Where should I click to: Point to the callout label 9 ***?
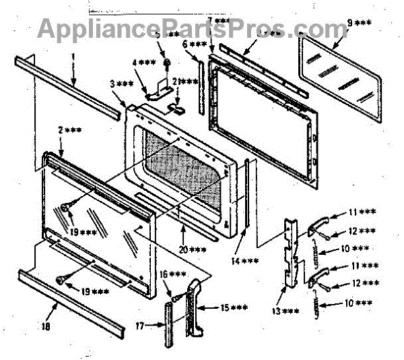pyautogui.click(x=358, y=24)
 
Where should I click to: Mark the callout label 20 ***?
pyautogui.click(x=194, y=250)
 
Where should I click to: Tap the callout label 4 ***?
pyautogui.click(x=143, y=63)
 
